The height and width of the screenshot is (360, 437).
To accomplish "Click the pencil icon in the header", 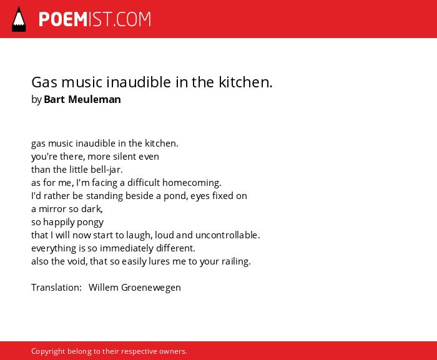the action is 19,19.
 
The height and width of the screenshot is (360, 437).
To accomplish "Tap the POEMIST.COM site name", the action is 95,19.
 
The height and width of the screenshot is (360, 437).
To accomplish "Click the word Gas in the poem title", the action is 44,82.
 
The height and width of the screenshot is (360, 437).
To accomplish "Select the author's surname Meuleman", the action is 94,99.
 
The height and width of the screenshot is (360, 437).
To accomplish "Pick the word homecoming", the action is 192,183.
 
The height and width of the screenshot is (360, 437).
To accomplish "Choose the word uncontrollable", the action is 228,235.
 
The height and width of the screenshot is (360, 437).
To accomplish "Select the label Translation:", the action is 57,288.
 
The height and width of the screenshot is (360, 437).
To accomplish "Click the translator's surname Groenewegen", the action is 151,288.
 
